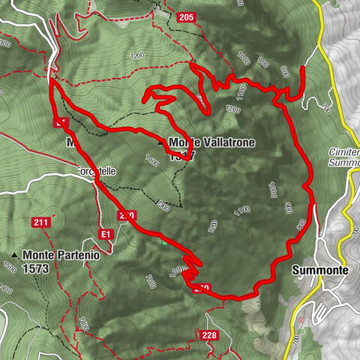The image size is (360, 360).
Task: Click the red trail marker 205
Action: coord(187,16)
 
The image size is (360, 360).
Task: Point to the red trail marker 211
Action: coord(40,222)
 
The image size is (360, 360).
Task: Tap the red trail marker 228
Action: coord(209,334)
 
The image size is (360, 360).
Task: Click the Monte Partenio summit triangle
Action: coord(14,255)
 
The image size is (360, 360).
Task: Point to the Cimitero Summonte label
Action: coord(343,157)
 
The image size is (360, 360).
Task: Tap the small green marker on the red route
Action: coord(163,241)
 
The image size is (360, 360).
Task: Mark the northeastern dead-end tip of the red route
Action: coord(302,68)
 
